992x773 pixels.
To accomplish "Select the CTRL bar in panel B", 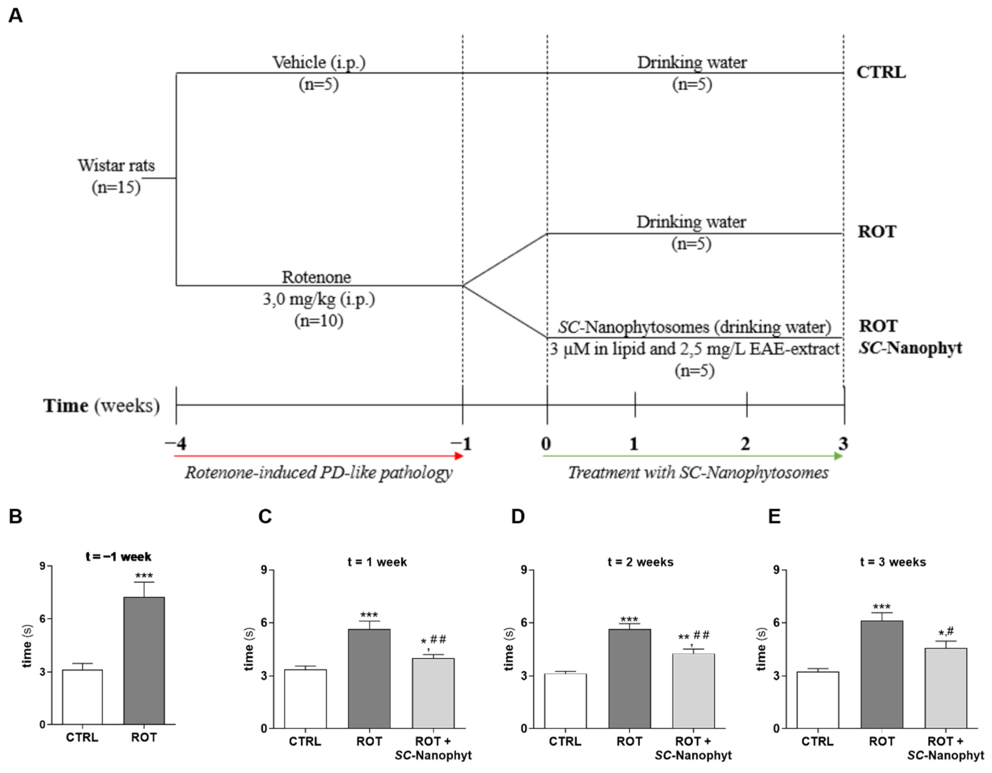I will coord(82,696).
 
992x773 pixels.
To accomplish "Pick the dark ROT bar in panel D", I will coord(630,678).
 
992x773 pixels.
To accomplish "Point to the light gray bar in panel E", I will coord(946,688).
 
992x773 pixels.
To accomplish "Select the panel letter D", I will coord(518,517).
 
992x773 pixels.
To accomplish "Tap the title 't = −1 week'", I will coord(118,556).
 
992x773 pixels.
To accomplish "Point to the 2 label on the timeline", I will coord(745,443).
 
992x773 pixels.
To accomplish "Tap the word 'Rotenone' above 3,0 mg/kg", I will coord(316,277).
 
